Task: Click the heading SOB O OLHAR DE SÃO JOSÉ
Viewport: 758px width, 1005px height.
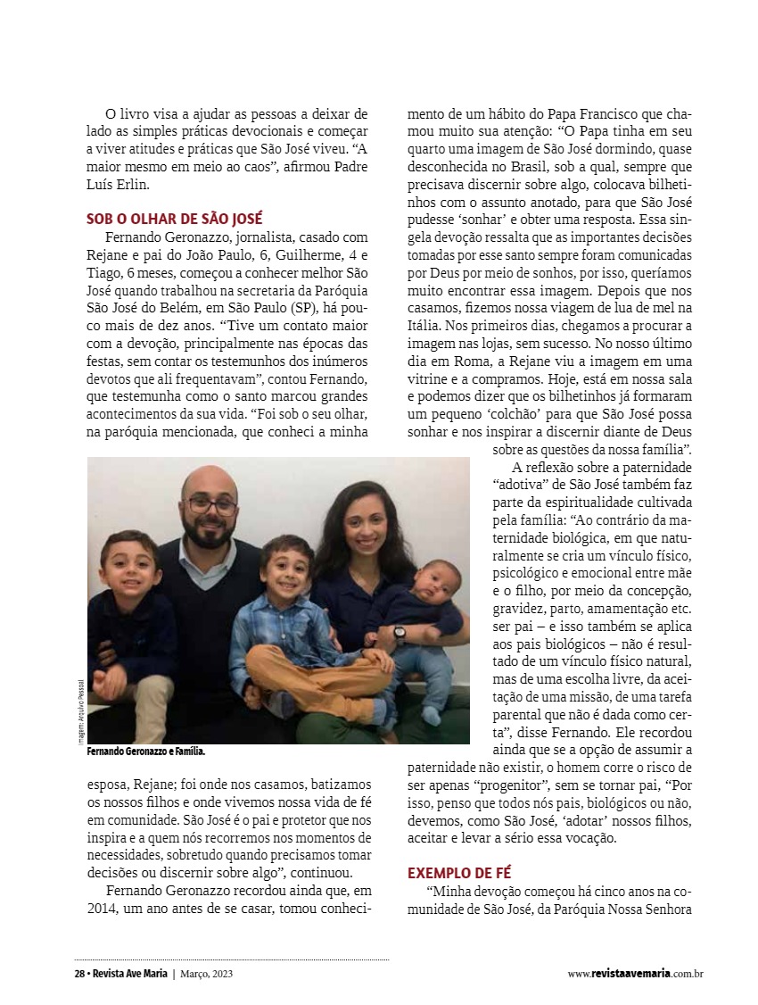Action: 174,219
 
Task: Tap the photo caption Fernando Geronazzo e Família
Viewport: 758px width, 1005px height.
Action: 146,752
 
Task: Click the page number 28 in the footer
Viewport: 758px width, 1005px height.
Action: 79,974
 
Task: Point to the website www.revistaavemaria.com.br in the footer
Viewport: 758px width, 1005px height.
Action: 635,974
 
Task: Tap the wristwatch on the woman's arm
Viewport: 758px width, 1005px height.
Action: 400,634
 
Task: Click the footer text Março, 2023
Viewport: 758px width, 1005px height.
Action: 210,974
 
